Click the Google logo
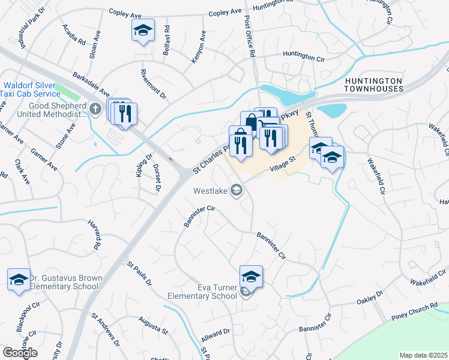coord(20,353)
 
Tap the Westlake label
coord(210,191)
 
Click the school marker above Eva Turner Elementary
coord(252,277)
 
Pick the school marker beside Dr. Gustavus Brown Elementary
coord(19,280)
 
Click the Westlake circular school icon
coord(237,191)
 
